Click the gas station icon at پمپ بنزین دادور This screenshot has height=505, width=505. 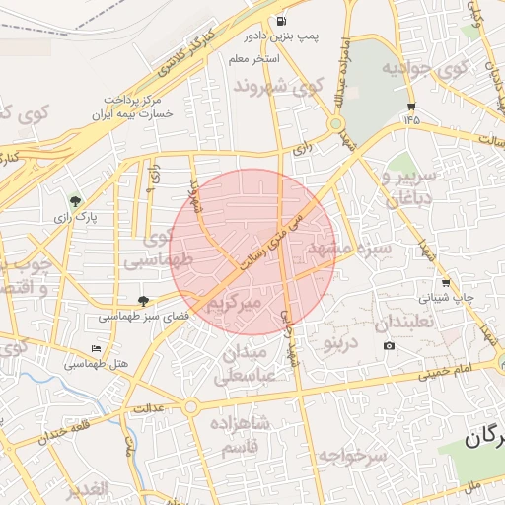[283, 21]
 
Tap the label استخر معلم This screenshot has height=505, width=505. [254, 59]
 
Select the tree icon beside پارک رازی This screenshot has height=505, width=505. [75, 201]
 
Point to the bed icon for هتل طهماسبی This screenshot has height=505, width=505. [96, 349]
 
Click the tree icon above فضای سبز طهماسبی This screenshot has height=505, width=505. [144, 301]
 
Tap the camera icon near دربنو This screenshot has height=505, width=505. [389, 345]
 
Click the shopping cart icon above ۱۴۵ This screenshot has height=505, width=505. [410, 106]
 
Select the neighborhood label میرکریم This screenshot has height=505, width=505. [234, 306]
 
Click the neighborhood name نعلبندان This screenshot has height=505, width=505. [405, 324]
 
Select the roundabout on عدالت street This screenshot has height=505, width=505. [190, 406]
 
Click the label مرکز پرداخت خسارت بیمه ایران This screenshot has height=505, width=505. [137, 108]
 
